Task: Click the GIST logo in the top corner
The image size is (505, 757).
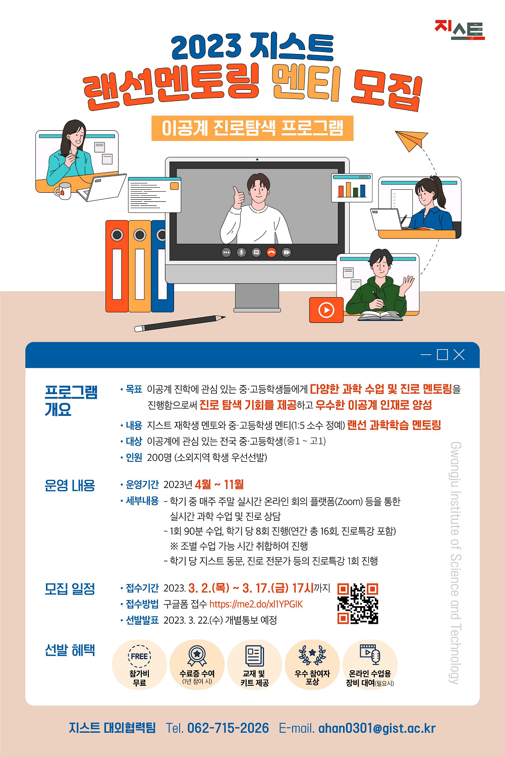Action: (x=460, y=30)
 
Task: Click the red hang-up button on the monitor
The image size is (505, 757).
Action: (x=271, y=252)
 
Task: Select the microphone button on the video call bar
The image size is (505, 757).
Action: (x=241, y=252)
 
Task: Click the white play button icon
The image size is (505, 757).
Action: (x=326, y=310)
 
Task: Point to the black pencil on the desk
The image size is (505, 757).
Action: (x=180, y=323)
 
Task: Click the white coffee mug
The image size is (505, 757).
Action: (x=63, y=191)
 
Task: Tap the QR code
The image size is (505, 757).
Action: (x=358, y=604)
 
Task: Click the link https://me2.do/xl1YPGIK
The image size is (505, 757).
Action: (x=256, y=604)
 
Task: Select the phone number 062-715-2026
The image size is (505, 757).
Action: (x=228, y=728)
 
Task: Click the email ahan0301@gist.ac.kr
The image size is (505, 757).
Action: (x=377, y=728)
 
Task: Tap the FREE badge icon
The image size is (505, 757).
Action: (x=140, y=656)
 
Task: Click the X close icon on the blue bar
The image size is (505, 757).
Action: (x=459, y=355)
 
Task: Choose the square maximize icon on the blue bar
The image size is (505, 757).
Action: (x=442, y=355)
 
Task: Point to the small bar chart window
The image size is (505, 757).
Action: (x=352, y=188)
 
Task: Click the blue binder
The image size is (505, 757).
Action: (x=162, y=266)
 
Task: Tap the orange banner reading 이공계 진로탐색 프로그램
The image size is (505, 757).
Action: (x=252, y=128)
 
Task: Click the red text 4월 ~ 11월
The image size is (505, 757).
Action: (x=219, y=484)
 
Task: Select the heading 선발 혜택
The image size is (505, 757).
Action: (x=70, y=650)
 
